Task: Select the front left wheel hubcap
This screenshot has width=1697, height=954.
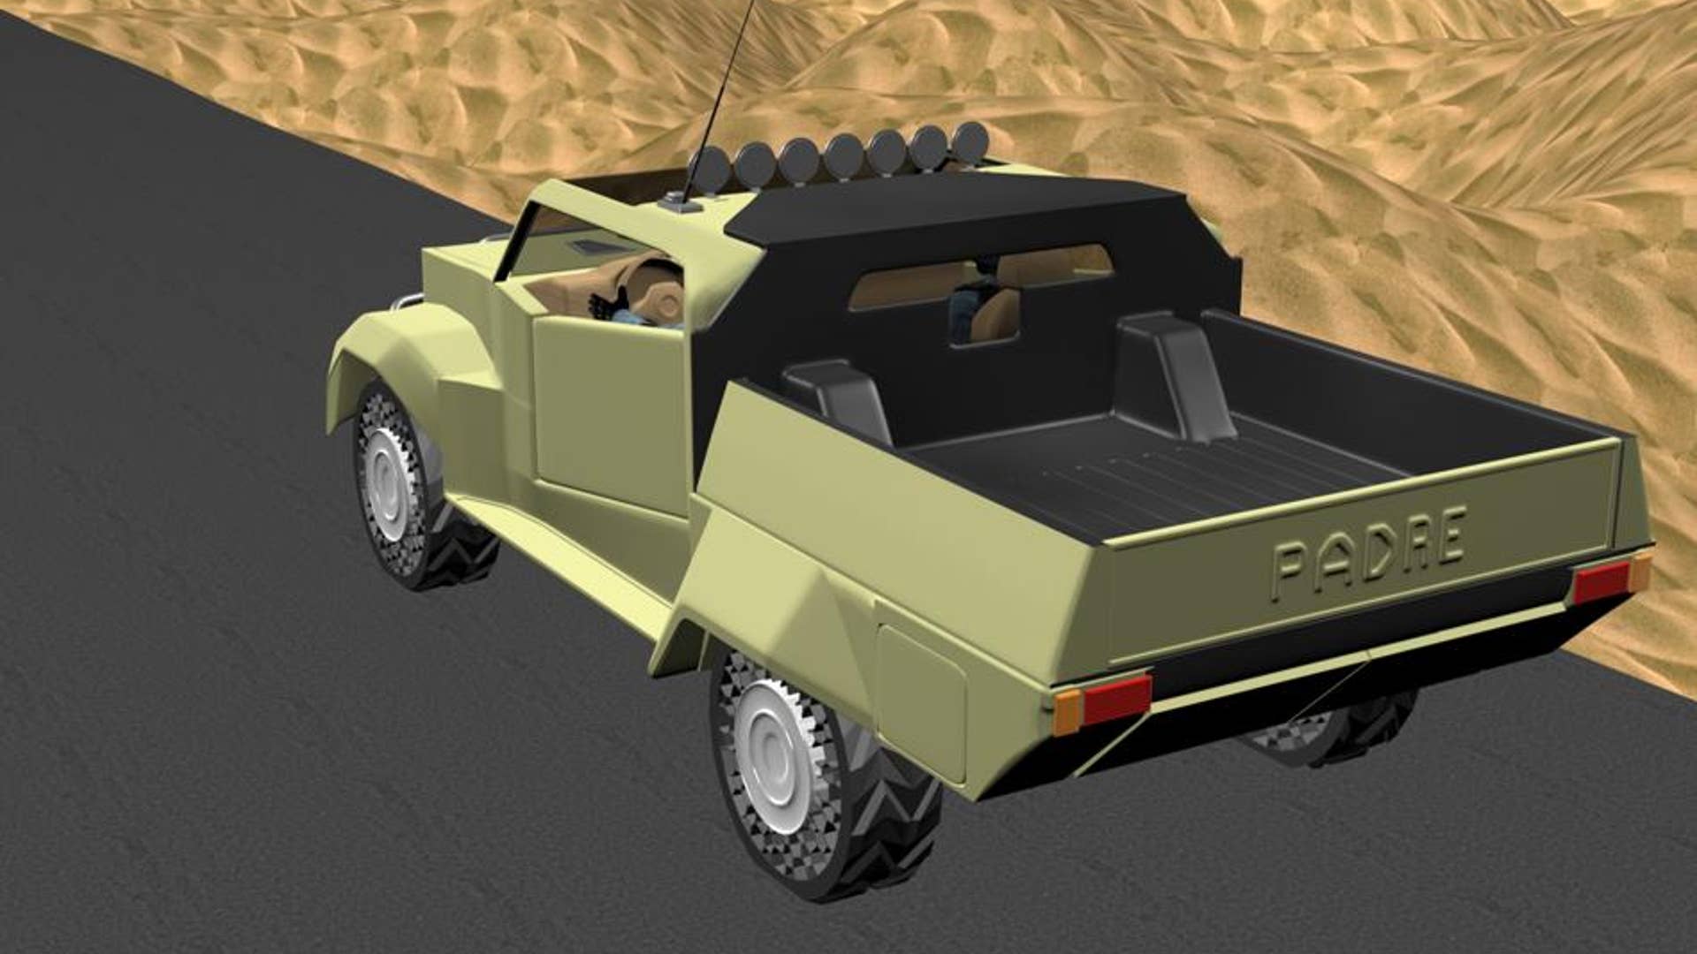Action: click(389, 487)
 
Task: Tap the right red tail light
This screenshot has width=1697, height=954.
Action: click(1601, 582)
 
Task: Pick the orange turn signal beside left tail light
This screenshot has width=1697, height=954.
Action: click(1068, 712)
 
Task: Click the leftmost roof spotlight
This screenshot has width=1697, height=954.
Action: click(711, 169)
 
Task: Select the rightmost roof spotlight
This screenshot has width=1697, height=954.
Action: click(970, 142)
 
